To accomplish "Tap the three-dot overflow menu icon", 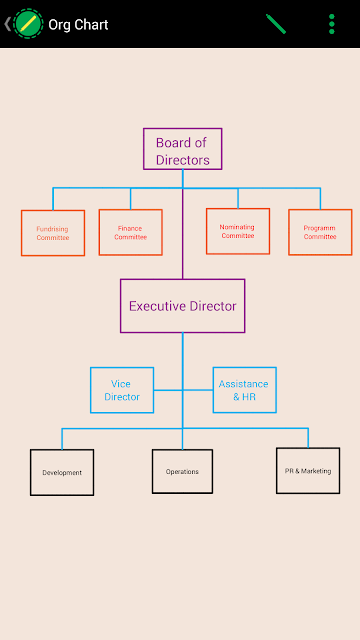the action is (332, 24).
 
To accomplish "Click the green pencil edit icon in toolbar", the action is (276, 24).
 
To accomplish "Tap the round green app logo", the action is (28, 24).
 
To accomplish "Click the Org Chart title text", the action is (78, 24).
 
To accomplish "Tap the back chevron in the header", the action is (7, 24).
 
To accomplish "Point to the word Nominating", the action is (237, 227).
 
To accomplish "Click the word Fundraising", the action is (52, 229).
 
